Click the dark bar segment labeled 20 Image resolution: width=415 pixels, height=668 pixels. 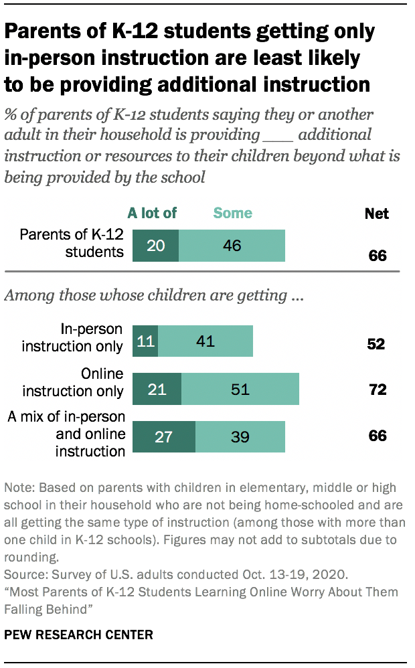[x=155, y=246]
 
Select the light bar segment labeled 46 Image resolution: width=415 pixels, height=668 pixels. [x=232, y=246]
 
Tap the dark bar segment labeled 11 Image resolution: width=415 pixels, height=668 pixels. [x=145, y=341]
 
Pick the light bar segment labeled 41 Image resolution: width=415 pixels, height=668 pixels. [x=205, y=341]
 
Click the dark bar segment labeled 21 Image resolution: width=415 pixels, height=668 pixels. [x=157, y=389]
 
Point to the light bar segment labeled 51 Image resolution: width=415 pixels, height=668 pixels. [x=240, y=389]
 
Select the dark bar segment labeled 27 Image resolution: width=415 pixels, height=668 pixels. [x=164, y=436]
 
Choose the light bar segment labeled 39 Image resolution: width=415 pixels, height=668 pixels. [x=240, y=436]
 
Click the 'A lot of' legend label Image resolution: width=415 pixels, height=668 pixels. [x=152, y=214]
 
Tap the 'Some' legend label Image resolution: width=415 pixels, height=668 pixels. [x=232, y=214]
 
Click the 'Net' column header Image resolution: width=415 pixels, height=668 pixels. [x=376, y=214]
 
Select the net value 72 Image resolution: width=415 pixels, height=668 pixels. [x=378, y=390]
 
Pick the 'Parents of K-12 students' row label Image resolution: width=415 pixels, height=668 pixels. [x=72, y=243]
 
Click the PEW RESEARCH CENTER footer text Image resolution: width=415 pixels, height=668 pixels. [x=78, y=634]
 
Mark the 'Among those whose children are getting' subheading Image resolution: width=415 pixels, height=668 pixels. [x=154, y=295]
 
